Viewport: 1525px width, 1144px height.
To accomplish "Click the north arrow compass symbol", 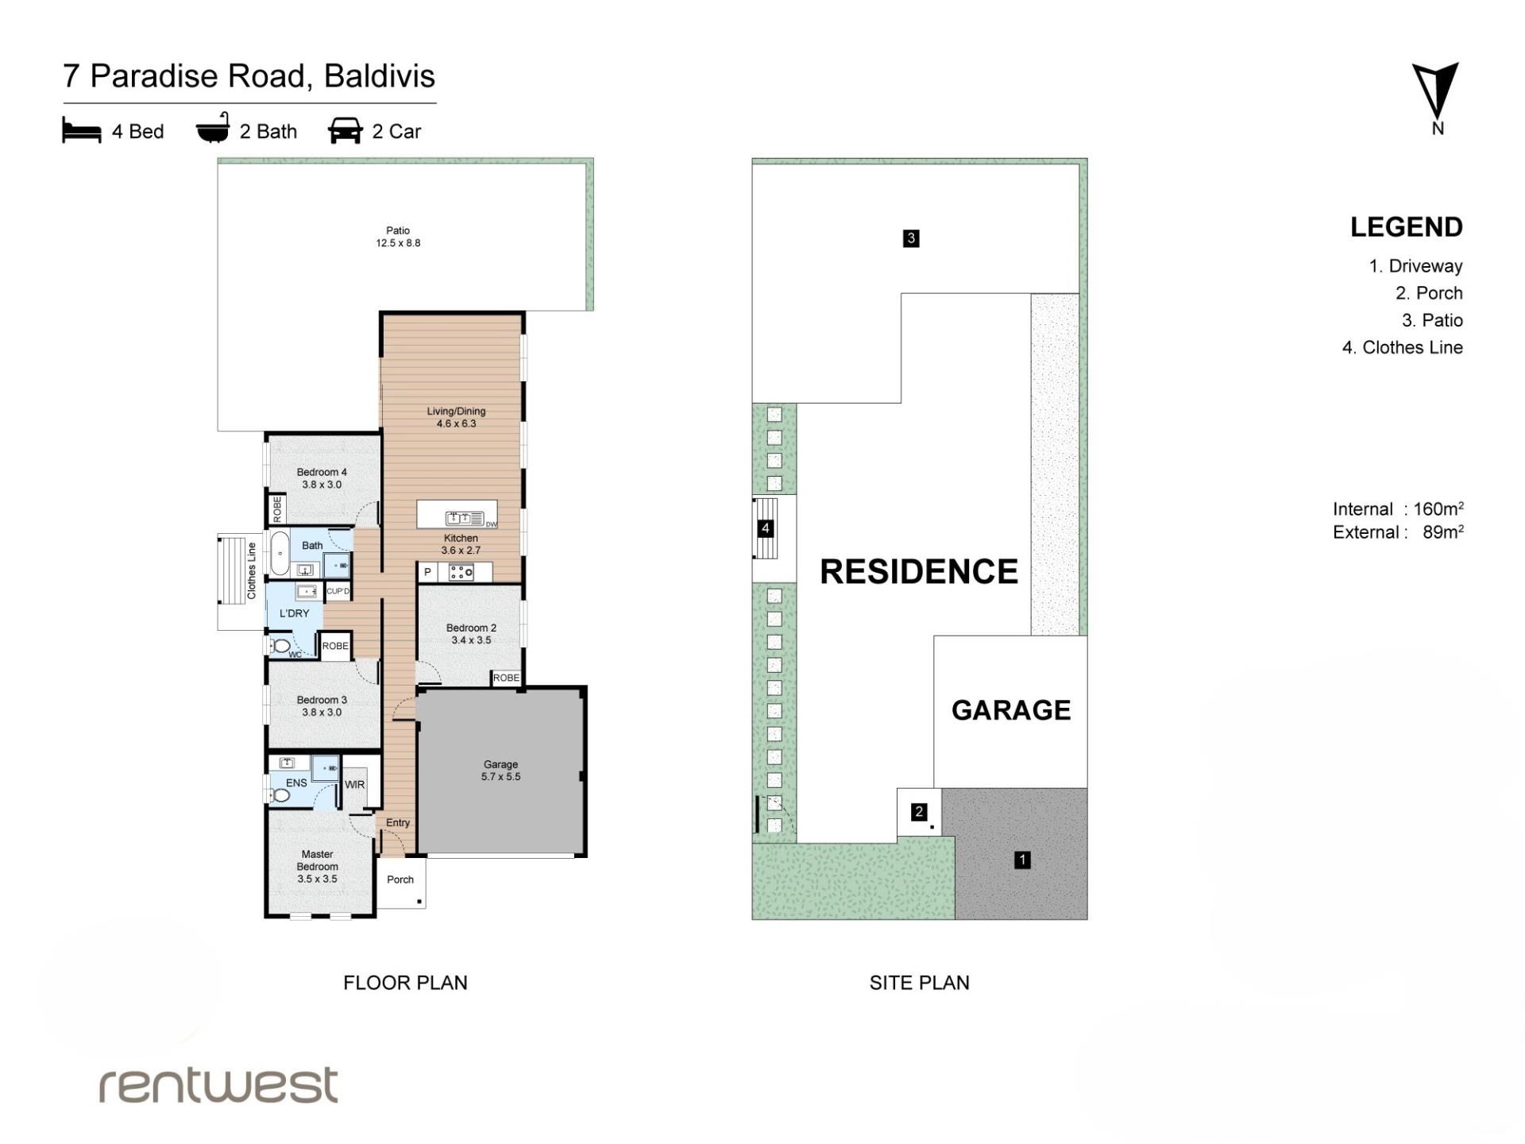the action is [x=1434, y=91].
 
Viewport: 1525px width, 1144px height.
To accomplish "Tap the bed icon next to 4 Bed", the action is [x=82, y=130].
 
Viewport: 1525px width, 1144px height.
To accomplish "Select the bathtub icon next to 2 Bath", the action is [x=213, y=128].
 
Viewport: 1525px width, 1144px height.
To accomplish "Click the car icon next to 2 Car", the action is [x=346, y=130].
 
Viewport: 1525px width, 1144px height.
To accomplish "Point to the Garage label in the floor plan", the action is [x=500, y=771].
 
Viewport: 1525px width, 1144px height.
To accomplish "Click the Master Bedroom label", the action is [x=318, y=867].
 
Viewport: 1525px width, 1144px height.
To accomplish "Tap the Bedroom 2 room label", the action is [x=471, y=634].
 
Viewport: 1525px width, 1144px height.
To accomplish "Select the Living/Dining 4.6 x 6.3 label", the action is [x=456, y=417].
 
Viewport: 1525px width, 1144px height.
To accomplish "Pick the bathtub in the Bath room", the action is [x=280, y=553].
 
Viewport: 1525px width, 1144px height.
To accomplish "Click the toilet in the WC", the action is [x=280, y=646].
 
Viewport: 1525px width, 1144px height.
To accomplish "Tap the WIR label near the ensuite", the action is [x=354, y=785].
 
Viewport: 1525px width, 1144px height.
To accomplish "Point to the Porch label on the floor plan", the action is [x=400, y=879].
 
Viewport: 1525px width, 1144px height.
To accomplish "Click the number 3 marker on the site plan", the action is [x=911, y=238].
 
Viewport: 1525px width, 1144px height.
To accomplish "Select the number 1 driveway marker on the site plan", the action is [x=1022, y=860].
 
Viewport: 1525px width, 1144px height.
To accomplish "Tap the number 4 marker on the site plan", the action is [x=766, y=528].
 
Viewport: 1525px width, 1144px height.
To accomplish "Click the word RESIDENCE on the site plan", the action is [x=919, y=572].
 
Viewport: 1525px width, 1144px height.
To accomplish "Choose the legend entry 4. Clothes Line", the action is [x=1402, y=347].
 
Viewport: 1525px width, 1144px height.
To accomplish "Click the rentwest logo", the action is [x=218, y=1085].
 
